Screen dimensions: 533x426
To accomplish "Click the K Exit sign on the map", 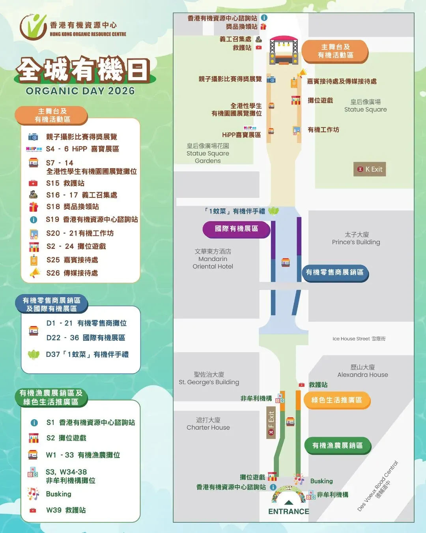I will point(370,169).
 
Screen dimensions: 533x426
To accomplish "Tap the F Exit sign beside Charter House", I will point(271,423).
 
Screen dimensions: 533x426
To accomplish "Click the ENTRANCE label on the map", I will point(288,511).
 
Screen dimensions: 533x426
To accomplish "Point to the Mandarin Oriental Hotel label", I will point(213,259).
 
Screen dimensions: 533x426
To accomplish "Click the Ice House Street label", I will point(359,339).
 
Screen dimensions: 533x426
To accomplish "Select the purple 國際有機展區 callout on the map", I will point(236,229).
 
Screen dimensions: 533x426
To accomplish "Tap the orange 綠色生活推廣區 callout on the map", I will point(336,400).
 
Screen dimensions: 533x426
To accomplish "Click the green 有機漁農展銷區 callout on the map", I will point(337,446).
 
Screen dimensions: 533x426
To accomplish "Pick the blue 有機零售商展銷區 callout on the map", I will point(335,272).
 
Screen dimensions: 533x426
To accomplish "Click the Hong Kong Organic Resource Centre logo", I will point(73,27).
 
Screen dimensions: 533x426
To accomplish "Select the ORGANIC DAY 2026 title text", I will point(80,91).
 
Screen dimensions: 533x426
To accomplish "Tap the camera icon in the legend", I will point(33,137).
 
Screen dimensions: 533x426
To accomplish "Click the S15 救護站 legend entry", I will point(65,183).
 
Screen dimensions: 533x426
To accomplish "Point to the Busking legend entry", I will point(58,494).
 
